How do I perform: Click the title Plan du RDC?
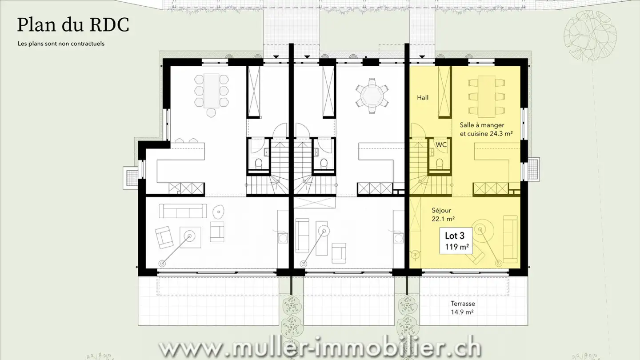pyautogui.click(x=73, y=25)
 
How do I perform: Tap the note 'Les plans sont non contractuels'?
pyautogui.click(x=61, y=44)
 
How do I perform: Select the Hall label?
pyautogui.click(x=423, y=97)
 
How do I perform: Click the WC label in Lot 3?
pyautogui.click(x=441, y=145)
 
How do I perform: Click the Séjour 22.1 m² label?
pyautogui.click(x=443, y=214)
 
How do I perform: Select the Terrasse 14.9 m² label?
pyautogui.click(x=463, y=308)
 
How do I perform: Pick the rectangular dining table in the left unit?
pyautogui.click(x=212, y=90)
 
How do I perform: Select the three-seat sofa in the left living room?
pyautogui.click(x=183, y=211)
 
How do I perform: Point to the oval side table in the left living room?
pyautogui.click(x=218, y=211)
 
